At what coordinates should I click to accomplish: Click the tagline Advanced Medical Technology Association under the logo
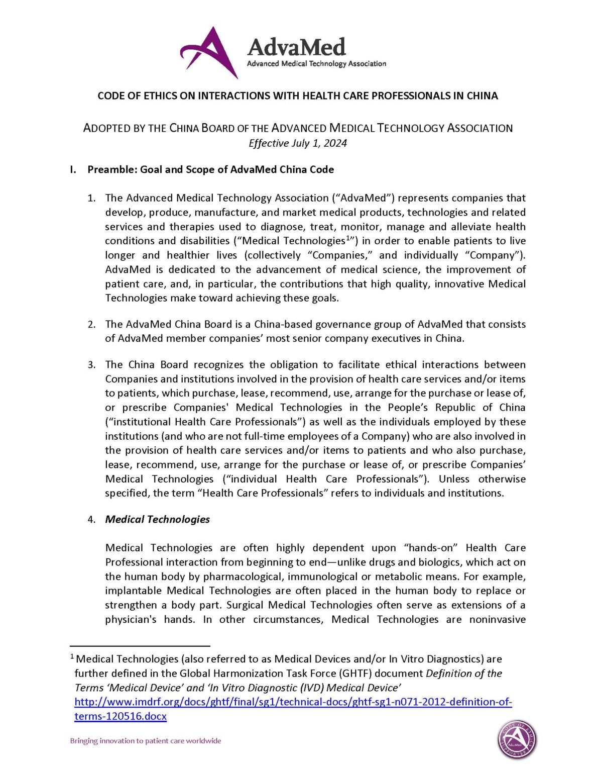[316, 64]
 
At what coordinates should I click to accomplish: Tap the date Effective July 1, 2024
[298, 143]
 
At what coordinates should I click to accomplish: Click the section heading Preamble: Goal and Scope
[210, 169]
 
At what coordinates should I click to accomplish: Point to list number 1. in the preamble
[91, 198]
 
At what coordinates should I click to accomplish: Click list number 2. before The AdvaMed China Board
[91, 324]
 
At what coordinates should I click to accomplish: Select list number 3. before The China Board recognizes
[91, 365]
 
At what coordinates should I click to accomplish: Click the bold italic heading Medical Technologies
[157, 519]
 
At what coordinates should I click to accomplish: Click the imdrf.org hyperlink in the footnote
[293, 702]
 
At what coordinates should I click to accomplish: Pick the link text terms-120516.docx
[121, 716]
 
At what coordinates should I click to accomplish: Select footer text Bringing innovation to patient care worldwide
[146, 741]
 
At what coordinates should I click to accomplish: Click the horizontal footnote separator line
[140, 646]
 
